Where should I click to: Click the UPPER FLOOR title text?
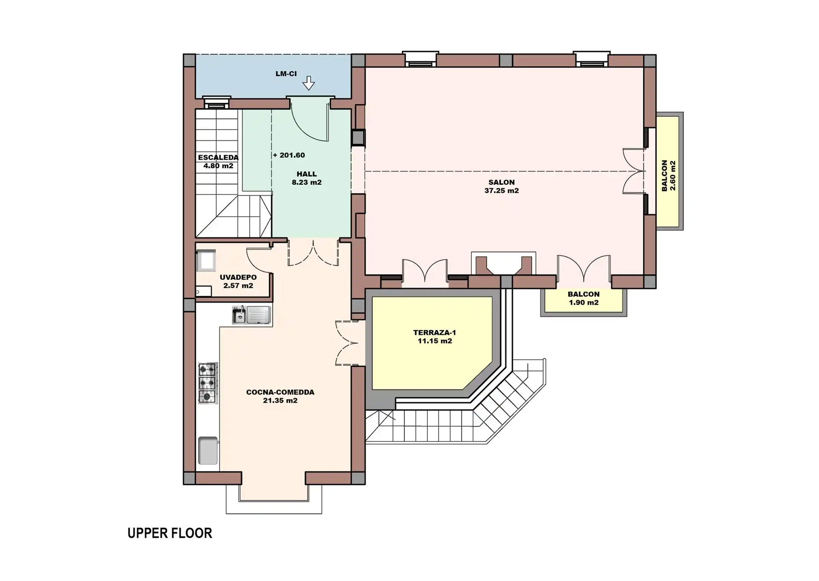click(x=170, y=533)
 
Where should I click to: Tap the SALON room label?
click(x=502, y=183)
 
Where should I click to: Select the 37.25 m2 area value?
click(x=502, y=191)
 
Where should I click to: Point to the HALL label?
click(x=307, y=174)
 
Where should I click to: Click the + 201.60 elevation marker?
click(x=289, y=155)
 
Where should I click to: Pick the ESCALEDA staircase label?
click(x=218, y=157)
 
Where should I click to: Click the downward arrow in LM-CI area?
click(x=308, y=83)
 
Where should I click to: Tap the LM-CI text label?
click(x=286, y=74)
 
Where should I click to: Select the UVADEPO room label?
click(x=238, y=277)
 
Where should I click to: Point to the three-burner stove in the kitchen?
click(x=208, y=383)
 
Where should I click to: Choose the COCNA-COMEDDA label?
click(x=280, y=392)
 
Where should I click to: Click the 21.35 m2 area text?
click(x=280, y=401)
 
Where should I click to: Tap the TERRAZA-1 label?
click(x=435, y=333)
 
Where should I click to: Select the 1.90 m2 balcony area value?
click(x=584, y=302)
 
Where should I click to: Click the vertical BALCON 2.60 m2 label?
click(x=668, y=176)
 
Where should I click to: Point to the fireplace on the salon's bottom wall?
click(x=504, y=264)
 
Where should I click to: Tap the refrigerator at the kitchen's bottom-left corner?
click(x=208, y=450)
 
